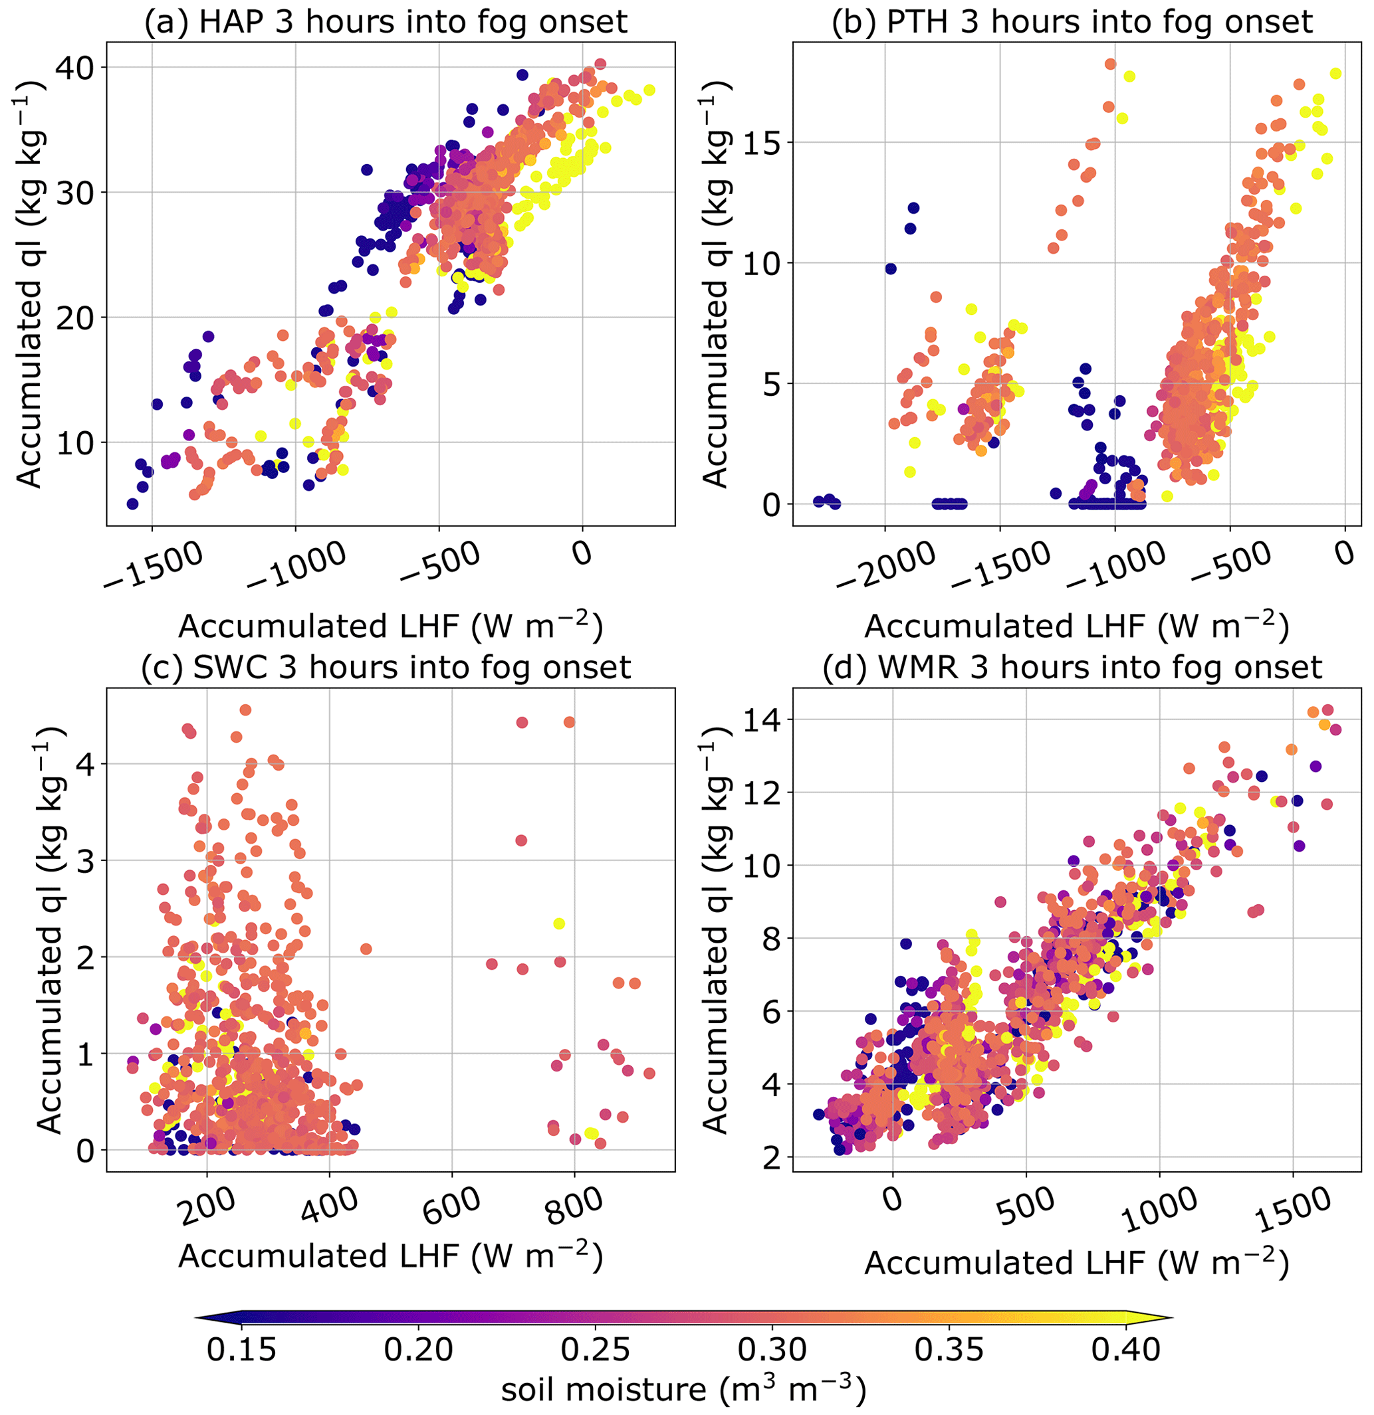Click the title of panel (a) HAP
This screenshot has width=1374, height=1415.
point(386,22)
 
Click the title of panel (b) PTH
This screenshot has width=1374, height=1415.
point(1072,22)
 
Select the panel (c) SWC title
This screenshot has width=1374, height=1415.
point(386,667)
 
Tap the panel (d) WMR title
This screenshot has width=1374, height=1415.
point(1072,667)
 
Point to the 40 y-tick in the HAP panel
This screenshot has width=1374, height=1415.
point(75,68)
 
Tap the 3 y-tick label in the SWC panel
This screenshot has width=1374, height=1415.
point(85,861)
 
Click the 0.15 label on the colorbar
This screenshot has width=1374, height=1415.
point(241,1349)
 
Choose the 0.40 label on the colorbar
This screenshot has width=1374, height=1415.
point(1125,1349)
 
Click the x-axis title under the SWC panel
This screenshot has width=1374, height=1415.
point(390,1257)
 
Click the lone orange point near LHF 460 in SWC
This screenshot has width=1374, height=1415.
point(366,949)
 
